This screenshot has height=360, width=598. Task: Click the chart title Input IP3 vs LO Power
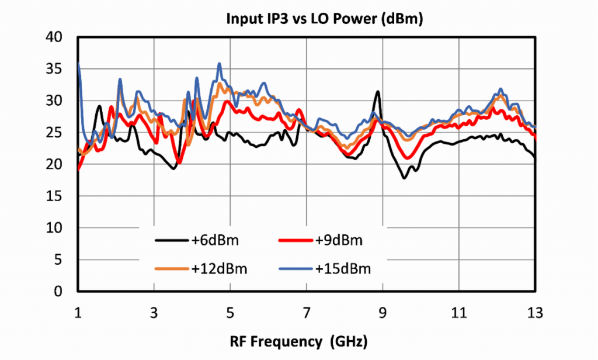tap(324, 19)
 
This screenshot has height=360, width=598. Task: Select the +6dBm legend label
tap(215, 240)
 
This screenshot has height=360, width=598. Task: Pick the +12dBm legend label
tap(218, 269)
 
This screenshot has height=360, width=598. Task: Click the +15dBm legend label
tap(343, 269)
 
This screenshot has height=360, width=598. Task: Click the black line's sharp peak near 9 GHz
tap(378, 92)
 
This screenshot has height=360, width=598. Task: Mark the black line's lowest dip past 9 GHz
tap(404, 178)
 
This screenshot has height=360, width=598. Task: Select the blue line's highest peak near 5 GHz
tap(220, 64)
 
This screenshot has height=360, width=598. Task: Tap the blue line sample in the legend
tap(295, 269)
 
